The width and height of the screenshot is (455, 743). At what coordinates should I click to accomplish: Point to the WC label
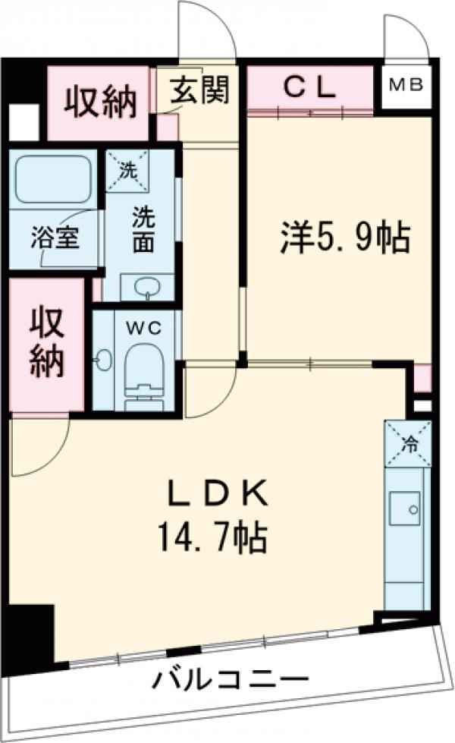tap(144, 329)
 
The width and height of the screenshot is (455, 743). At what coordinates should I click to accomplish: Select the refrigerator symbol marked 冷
tap(408, 442)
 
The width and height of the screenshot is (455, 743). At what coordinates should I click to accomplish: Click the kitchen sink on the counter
tap(404, 508)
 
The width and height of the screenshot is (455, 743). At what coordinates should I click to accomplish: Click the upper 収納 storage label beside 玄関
tap(99, 102)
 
